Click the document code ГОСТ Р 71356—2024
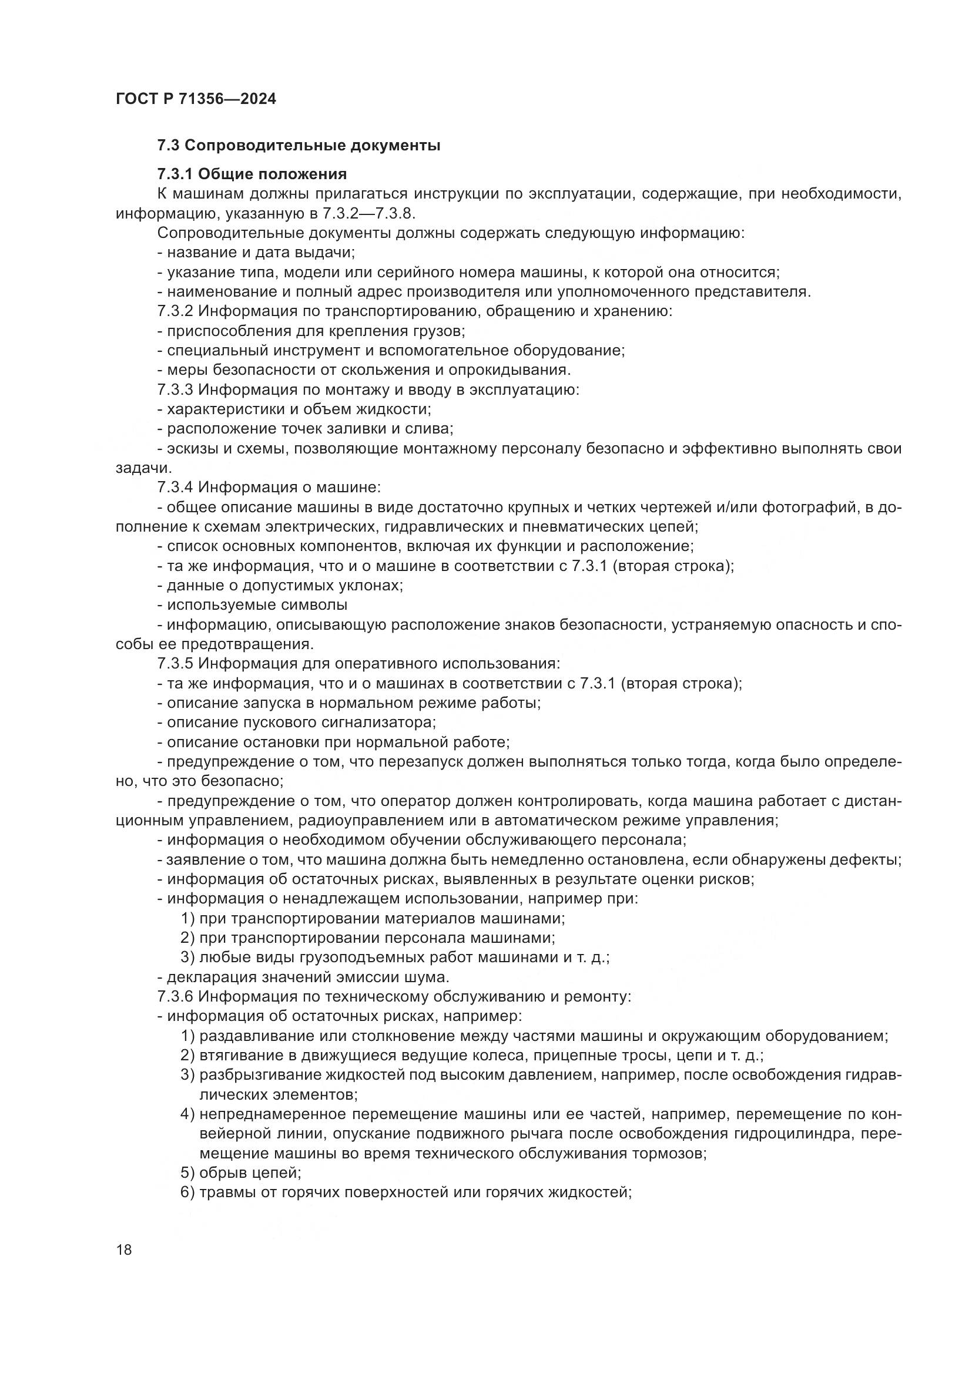click(196, 99)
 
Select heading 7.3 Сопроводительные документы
click(299, 146)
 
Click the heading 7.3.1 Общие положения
click(252, 174)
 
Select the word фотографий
click(810, 508)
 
